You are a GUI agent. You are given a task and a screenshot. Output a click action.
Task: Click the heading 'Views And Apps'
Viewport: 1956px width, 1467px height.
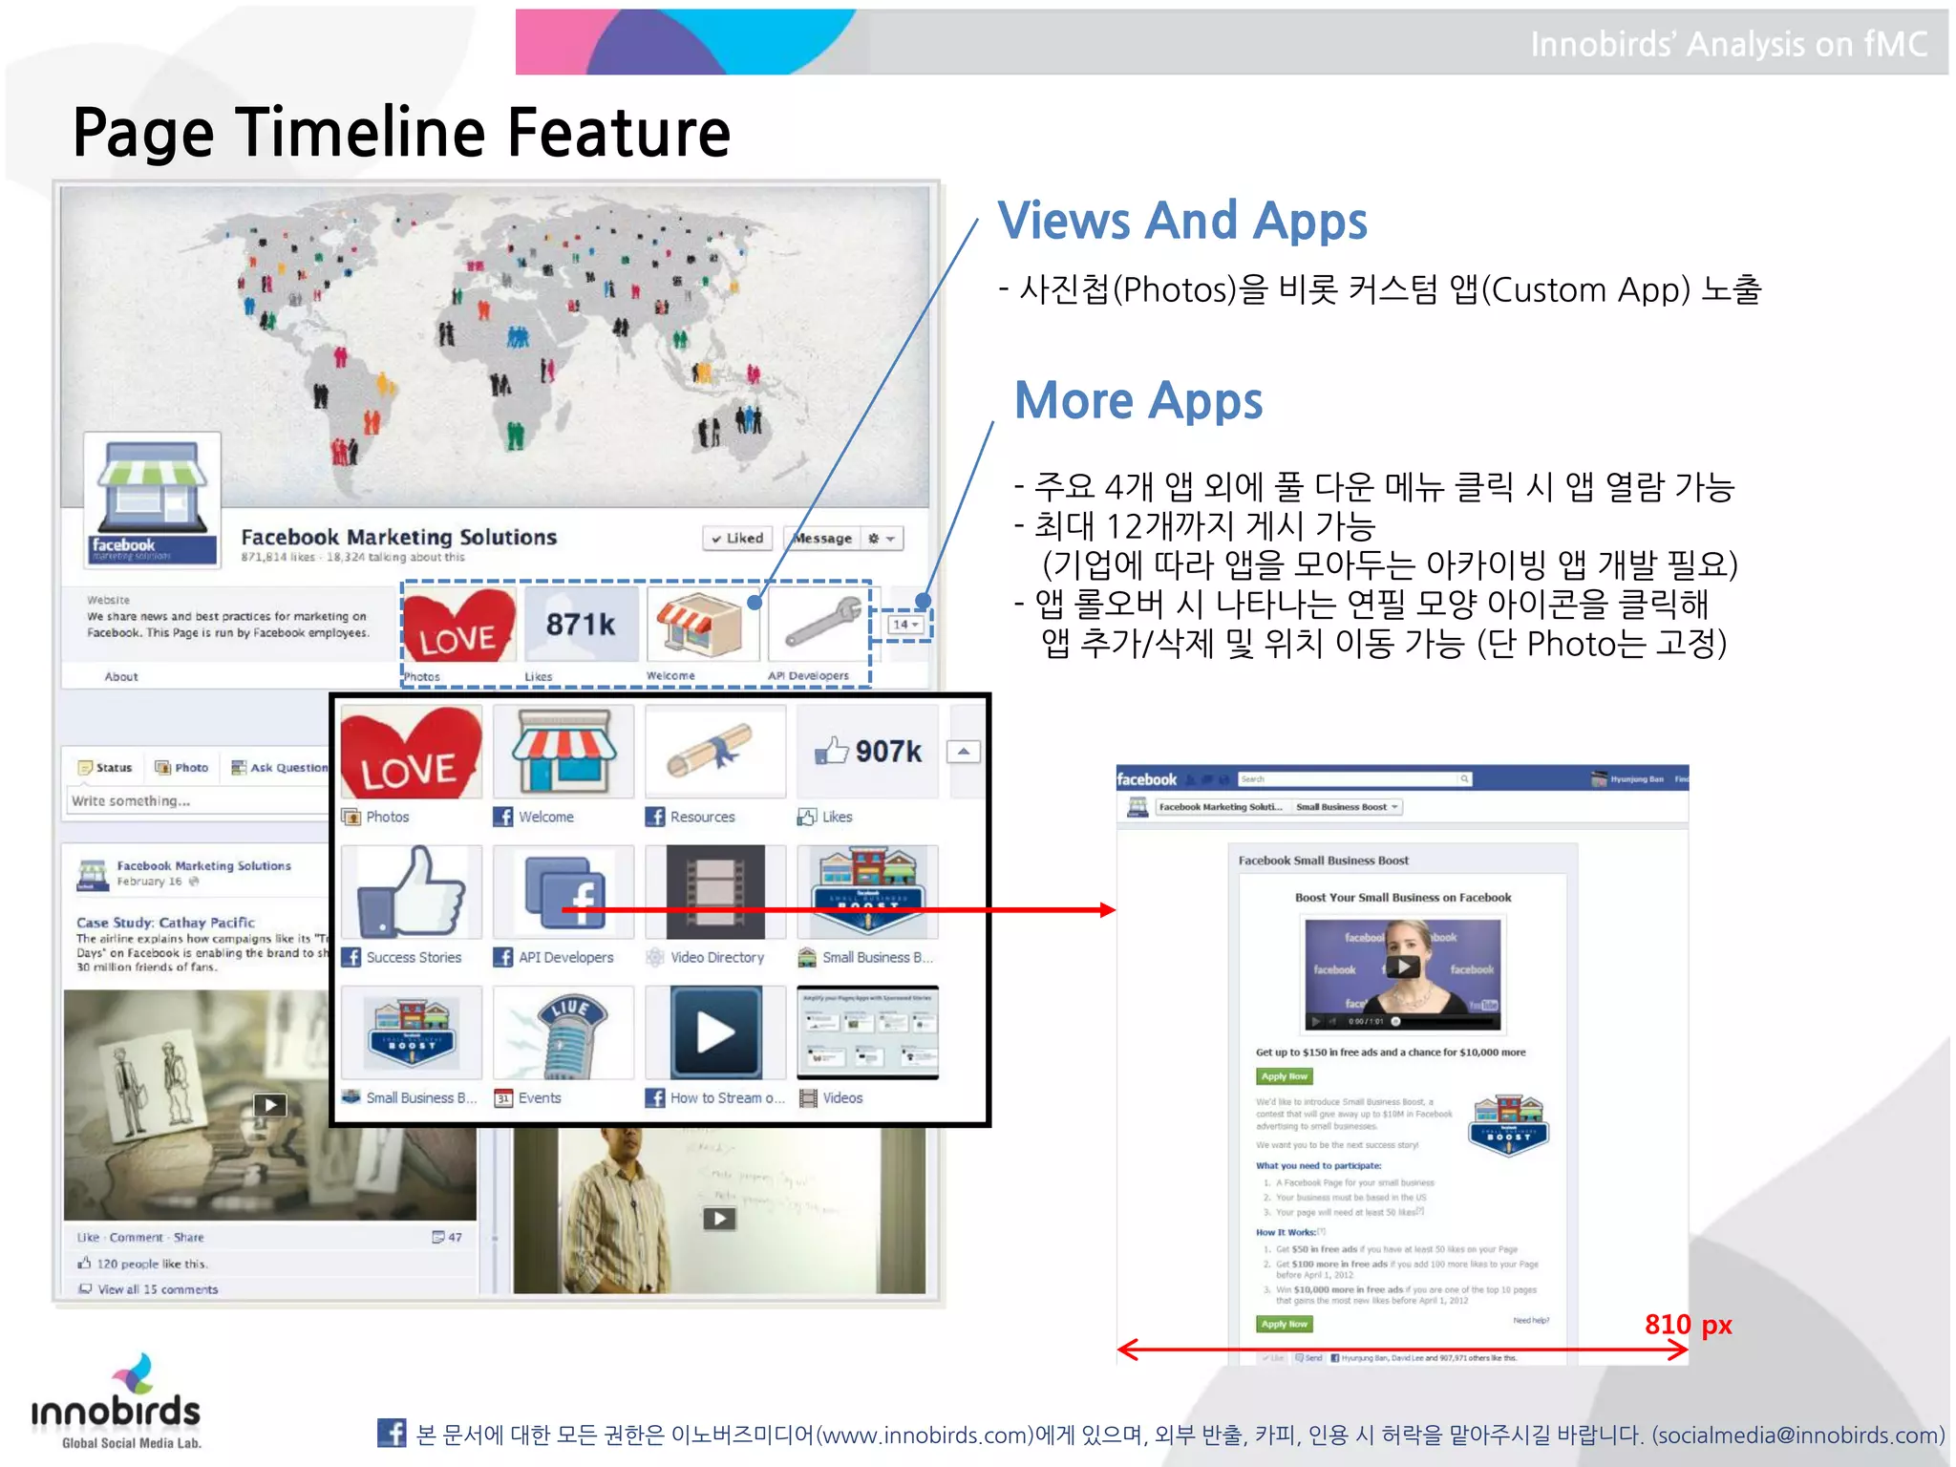1181,222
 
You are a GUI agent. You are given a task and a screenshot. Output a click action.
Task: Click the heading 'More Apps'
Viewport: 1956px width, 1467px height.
1137,400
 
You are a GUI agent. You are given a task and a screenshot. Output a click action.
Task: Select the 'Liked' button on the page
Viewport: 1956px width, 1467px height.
738,539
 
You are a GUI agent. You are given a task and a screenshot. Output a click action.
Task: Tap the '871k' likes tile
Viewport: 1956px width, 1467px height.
581,625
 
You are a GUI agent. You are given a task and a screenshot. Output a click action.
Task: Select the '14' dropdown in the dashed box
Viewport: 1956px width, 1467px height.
904,625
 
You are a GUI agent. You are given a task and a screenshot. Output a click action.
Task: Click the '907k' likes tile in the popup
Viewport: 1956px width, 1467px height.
869,752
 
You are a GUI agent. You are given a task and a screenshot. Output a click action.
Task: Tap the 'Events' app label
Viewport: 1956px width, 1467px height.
539,1098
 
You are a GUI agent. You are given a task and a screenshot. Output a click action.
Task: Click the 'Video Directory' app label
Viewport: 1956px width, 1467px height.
716,957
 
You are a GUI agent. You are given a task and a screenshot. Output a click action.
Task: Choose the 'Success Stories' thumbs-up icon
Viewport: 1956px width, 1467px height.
412,892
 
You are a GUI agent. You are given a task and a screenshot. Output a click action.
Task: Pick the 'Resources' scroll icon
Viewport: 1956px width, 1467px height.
714,752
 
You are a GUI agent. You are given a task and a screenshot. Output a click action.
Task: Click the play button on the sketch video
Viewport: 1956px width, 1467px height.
270,1105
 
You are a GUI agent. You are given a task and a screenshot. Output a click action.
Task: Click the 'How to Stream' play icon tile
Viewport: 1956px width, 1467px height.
715,1032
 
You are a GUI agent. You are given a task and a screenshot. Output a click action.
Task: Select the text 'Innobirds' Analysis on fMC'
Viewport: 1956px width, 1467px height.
1728,45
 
